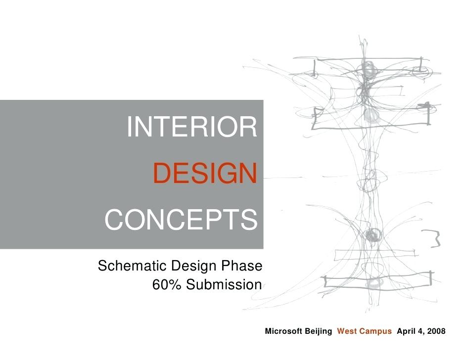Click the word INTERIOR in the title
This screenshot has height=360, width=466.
[x=192, y=127]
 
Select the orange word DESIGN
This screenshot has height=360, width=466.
[x=205, y=174]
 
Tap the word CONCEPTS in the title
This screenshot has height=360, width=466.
[x=181, y=220]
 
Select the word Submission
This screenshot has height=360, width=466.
[x=223, y=285]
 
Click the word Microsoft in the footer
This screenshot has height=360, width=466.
[x=282, y=331]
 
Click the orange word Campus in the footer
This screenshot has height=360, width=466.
[x=375, y=331]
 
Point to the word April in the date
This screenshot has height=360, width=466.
[x=407, y=331]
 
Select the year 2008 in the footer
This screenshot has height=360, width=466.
[x=436, y=331]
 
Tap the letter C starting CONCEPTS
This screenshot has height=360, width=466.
[x=114, y=221]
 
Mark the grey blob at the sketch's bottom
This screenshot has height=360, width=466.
[x=373, y=283]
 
